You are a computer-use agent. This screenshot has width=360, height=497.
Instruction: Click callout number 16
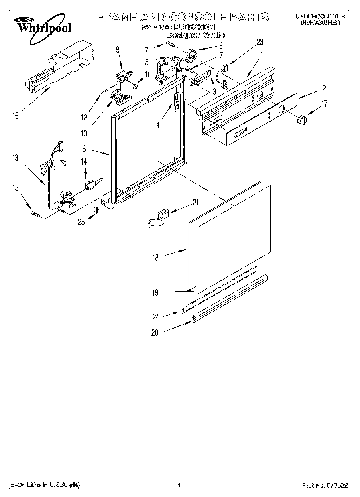click(16, 116)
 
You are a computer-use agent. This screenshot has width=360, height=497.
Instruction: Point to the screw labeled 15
click(35, 215)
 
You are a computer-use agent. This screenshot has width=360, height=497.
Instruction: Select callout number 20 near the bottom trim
click(155, 332)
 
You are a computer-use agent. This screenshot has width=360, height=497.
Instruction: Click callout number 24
click(155, 317)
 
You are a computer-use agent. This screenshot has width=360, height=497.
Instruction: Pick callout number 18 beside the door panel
click(155, 258)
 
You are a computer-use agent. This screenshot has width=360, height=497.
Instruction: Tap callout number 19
click(155, 292)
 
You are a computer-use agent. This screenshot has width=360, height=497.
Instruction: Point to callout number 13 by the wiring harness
click(15, 158)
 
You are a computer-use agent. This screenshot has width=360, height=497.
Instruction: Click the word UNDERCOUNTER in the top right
click(320, 16)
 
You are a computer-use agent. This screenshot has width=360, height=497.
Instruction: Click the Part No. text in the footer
click(325, 485)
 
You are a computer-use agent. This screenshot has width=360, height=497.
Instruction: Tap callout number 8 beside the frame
click(84, 149)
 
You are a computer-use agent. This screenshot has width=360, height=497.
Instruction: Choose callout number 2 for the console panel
click(324, 89)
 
